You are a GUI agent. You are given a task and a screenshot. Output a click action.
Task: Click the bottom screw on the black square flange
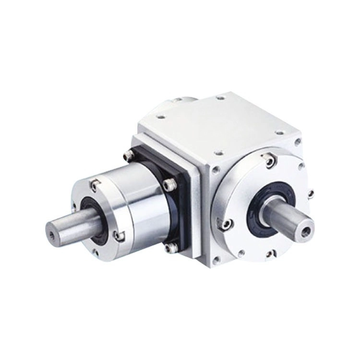click(x=168, y=248)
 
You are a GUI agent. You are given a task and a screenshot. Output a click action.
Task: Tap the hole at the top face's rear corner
click(x=220, y=98)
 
